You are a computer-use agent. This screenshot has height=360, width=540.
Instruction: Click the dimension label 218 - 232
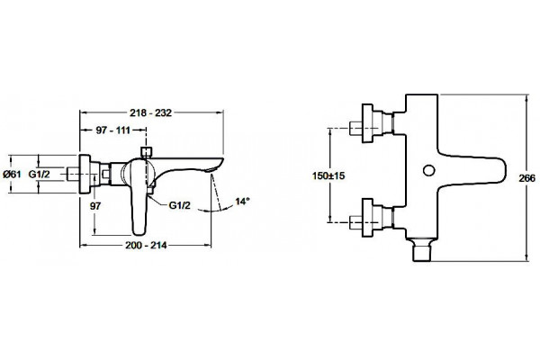pyautogui.click(x=150, y=113)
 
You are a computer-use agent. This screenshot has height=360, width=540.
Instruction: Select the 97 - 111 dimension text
pyautogui.click(x=113, y=130)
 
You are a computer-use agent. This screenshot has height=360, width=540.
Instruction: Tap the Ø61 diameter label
pyautogui.click(x=12, y=174)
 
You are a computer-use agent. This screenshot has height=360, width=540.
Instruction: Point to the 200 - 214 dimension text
pyautogui.click(x=146, y=246)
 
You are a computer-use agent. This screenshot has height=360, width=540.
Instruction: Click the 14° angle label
pyautogui.click(x=242, y=202)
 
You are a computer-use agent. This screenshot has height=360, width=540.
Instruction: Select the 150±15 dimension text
pyautogui.click(x=328, y=176)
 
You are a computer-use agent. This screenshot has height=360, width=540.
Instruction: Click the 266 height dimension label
pyautogui.click(x=526, y=178)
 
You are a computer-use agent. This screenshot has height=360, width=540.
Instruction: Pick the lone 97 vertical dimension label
pyautogui.click(x=95, y=206)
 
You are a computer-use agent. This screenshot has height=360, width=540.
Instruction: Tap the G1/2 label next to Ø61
pyautogui.click(x=39, y=174)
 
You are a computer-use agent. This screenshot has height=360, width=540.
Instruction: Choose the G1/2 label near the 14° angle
pyautogui.click(x=179, y=206)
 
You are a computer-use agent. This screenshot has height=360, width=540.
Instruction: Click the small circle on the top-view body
pyautogui.click(x=428, y=170)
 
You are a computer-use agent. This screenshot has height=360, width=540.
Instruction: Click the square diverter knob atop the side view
pyautogui.click(x=147, y=152)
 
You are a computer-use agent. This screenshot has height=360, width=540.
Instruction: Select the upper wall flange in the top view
pyautogui.click(x=367, y=123)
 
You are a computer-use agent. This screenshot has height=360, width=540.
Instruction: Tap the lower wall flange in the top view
pyautogui.click(x=367, y=218)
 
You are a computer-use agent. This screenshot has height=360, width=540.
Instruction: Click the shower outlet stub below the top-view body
pyautogui.click(x=422, y=250)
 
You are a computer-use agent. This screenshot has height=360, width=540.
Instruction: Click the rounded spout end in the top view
pyautogui.click(x=504, y=171)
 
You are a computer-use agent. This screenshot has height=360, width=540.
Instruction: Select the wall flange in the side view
pyautogui.click(x=85, y=175)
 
